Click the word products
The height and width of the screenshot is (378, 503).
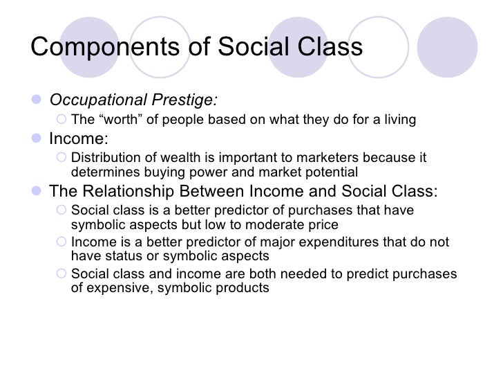click(243, 287)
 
